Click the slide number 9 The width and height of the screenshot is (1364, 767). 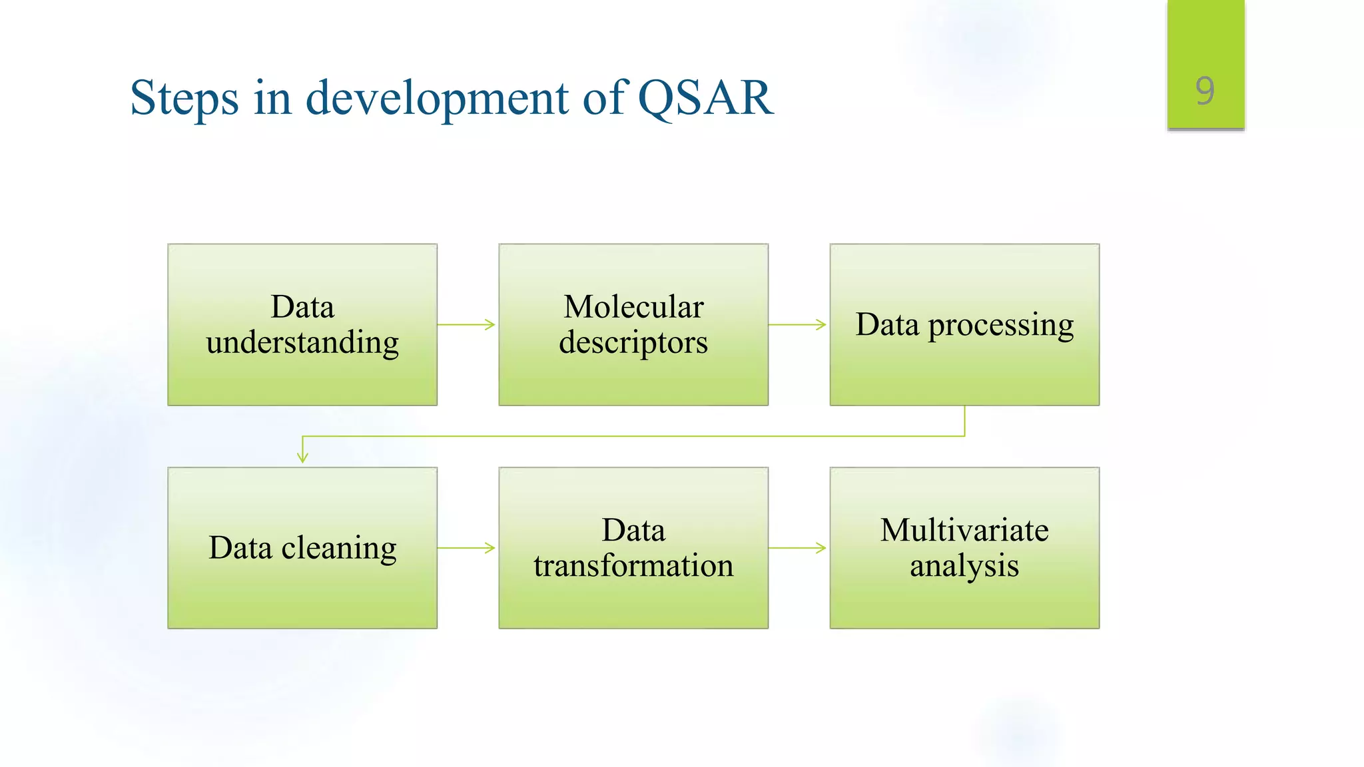(x=1205, y=91)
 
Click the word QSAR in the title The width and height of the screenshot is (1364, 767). (x=705, y=98)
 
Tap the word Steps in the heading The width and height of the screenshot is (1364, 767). (x=184, y=98)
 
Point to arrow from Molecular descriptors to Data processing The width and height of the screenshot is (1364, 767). (x=797, y=325)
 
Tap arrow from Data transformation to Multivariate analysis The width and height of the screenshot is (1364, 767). (x=797, y=548)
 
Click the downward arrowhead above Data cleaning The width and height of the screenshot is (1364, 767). (x=302, y=457)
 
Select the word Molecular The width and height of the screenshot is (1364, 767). (x=633, y=307)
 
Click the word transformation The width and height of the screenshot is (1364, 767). (x=633, y=565)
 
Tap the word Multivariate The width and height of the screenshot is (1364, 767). (x=964, y=531)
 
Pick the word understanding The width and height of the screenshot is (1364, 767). (x=302, y=342)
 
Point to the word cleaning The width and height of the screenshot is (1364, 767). (x=339, y=548)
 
